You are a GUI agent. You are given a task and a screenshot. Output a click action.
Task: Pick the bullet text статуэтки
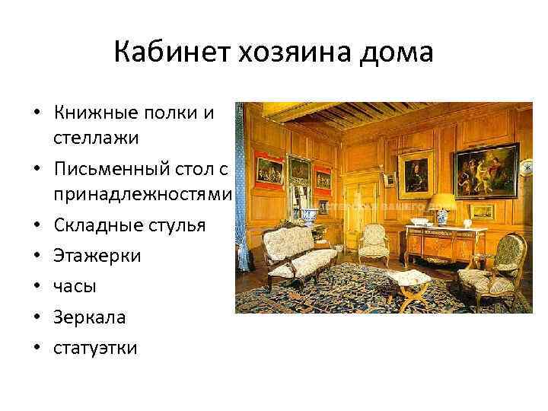tap(95, 348)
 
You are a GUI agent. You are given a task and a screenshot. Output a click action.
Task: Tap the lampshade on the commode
tap(442, 202)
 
